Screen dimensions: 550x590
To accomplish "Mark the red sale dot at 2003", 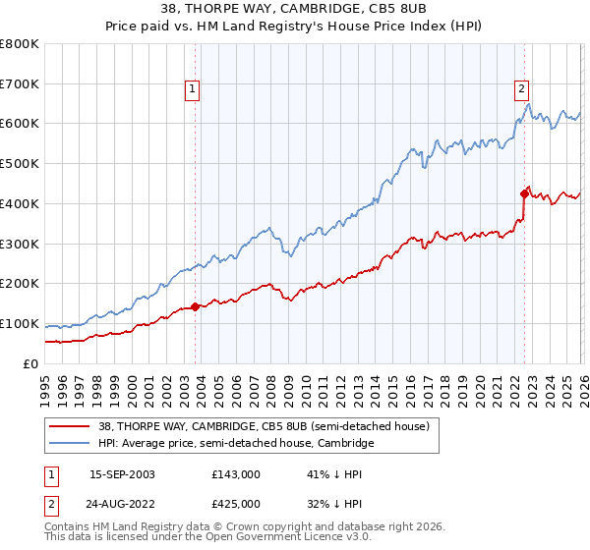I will [196, 306].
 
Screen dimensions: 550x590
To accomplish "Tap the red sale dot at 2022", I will [524, 193].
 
